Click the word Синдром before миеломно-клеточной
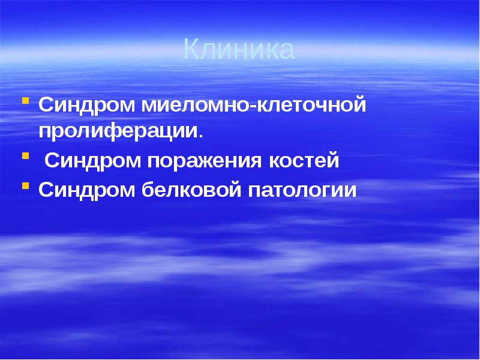(x=87, y=105)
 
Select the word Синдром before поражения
(x=92, y=161)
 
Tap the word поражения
(x=203, y=161)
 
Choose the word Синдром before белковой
(x=87, y=190)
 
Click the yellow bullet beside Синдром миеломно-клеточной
(x=26, y=100)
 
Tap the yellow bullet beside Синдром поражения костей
(x=26, y=156)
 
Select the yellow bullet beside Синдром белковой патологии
(x=26, y=185)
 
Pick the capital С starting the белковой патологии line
(x=46, y=190)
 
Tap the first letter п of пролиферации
(x=46, y=132)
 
